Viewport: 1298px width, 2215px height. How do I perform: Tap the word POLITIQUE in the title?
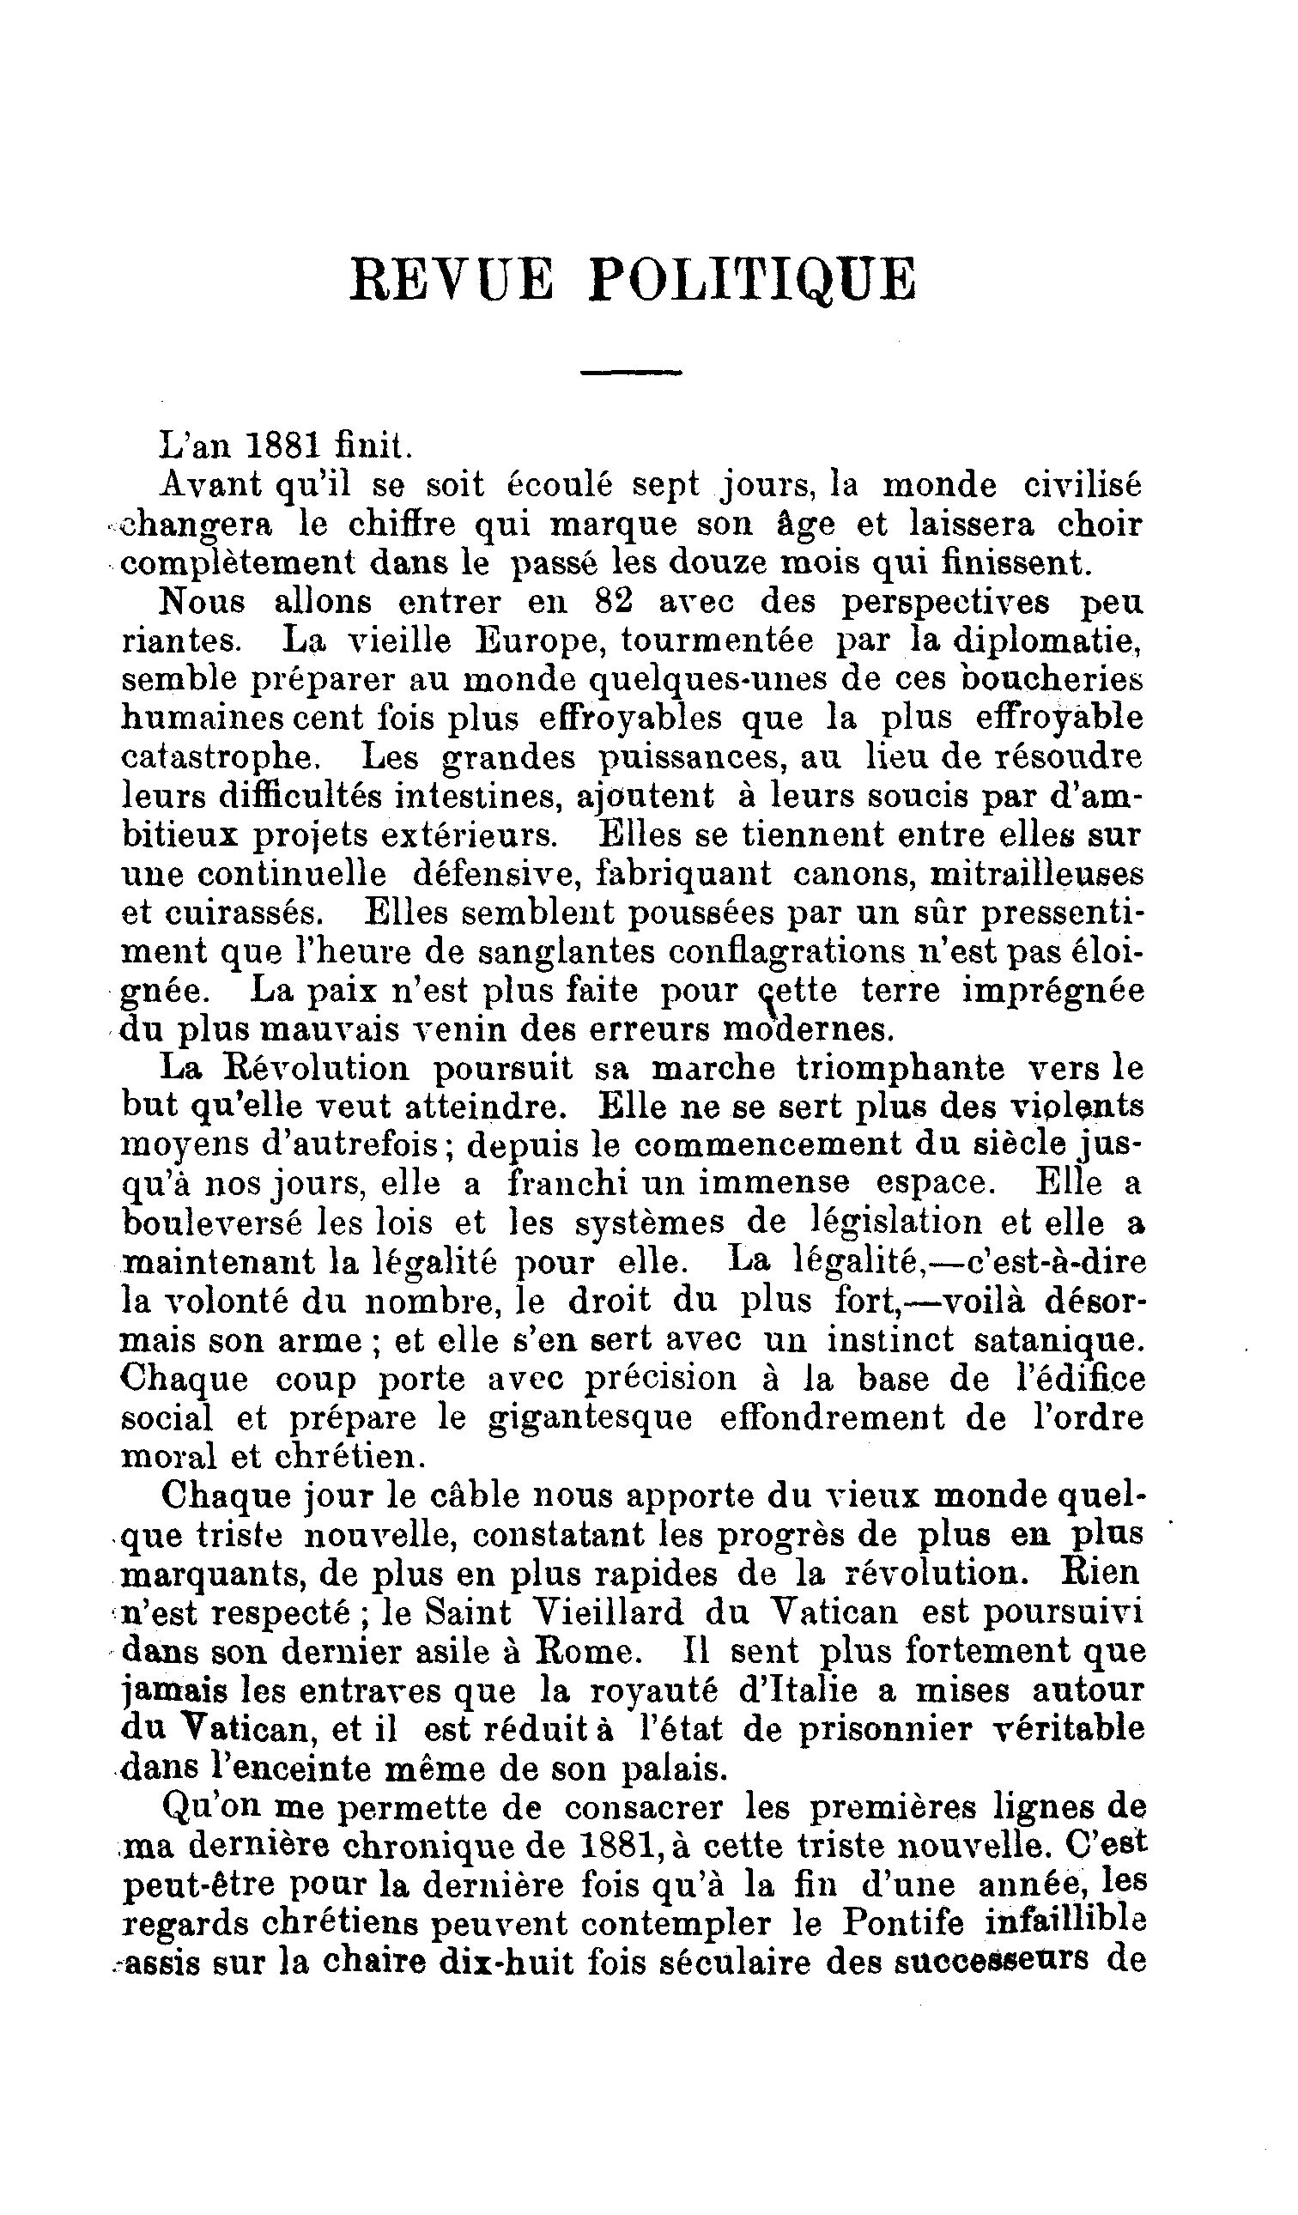tap(752, 280)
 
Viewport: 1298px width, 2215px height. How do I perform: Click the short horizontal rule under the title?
tap(631, 373)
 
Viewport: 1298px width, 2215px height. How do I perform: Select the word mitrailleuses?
tap(1037, 874)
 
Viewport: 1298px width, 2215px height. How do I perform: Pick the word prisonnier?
tap(885, 1729)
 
